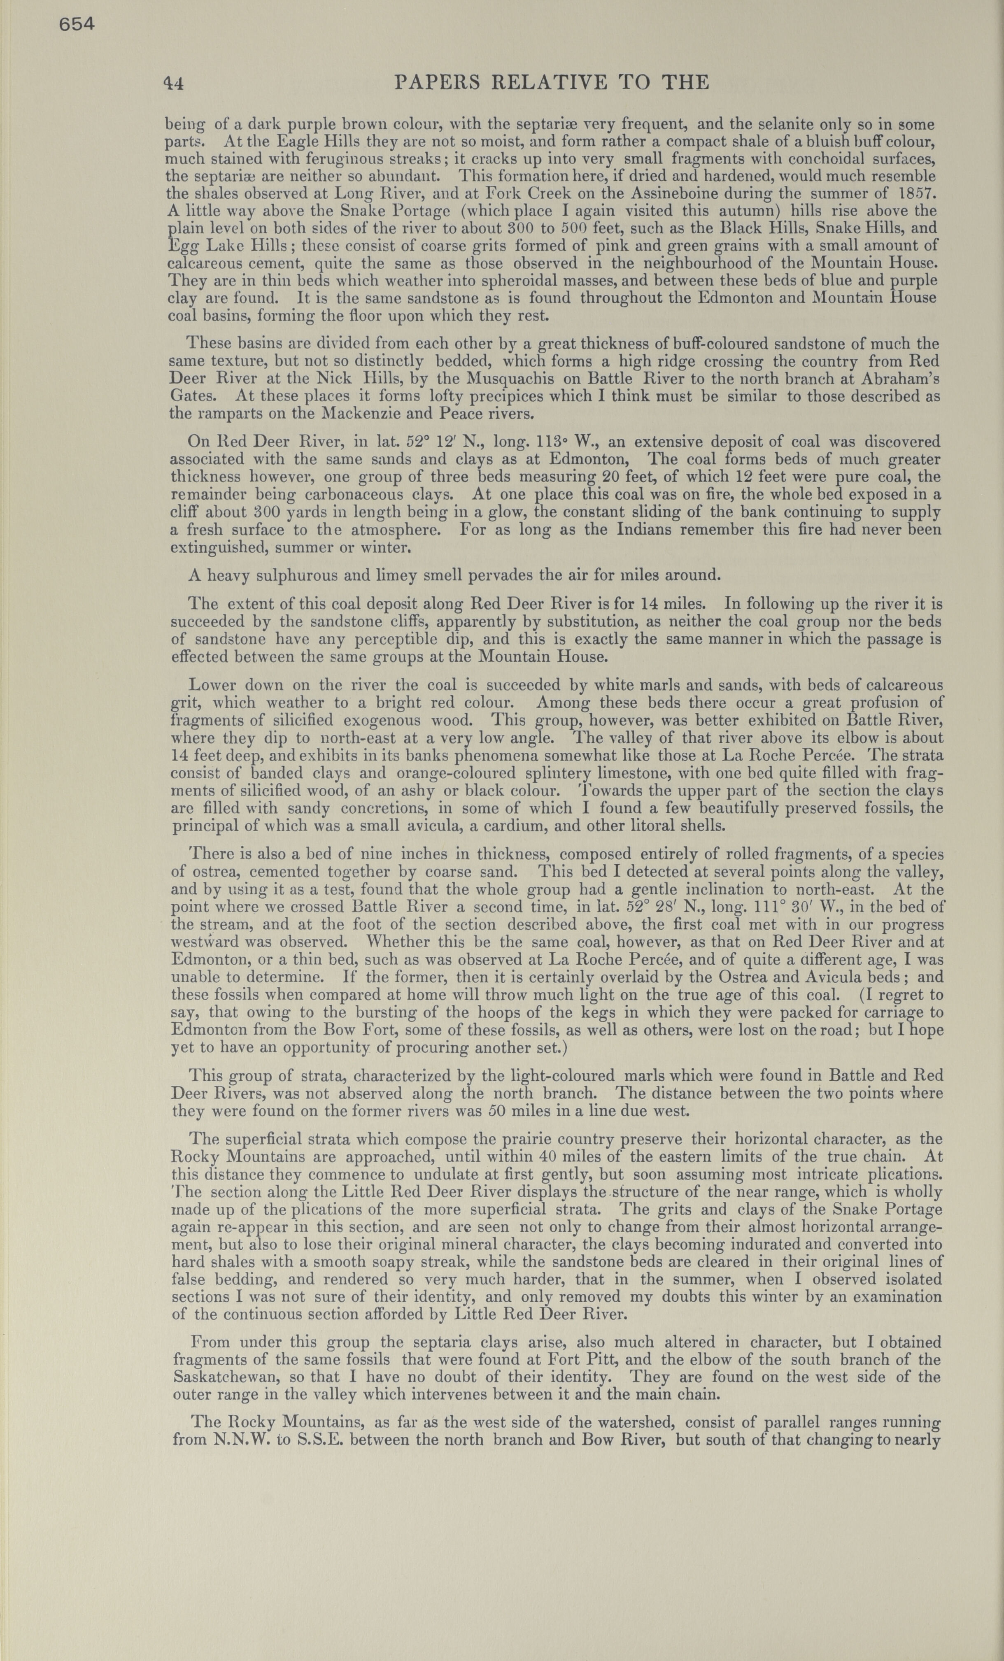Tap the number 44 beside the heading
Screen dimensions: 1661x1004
click(x=174, y=83)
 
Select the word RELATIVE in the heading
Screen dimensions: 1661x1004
click(x=547, y=82)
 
